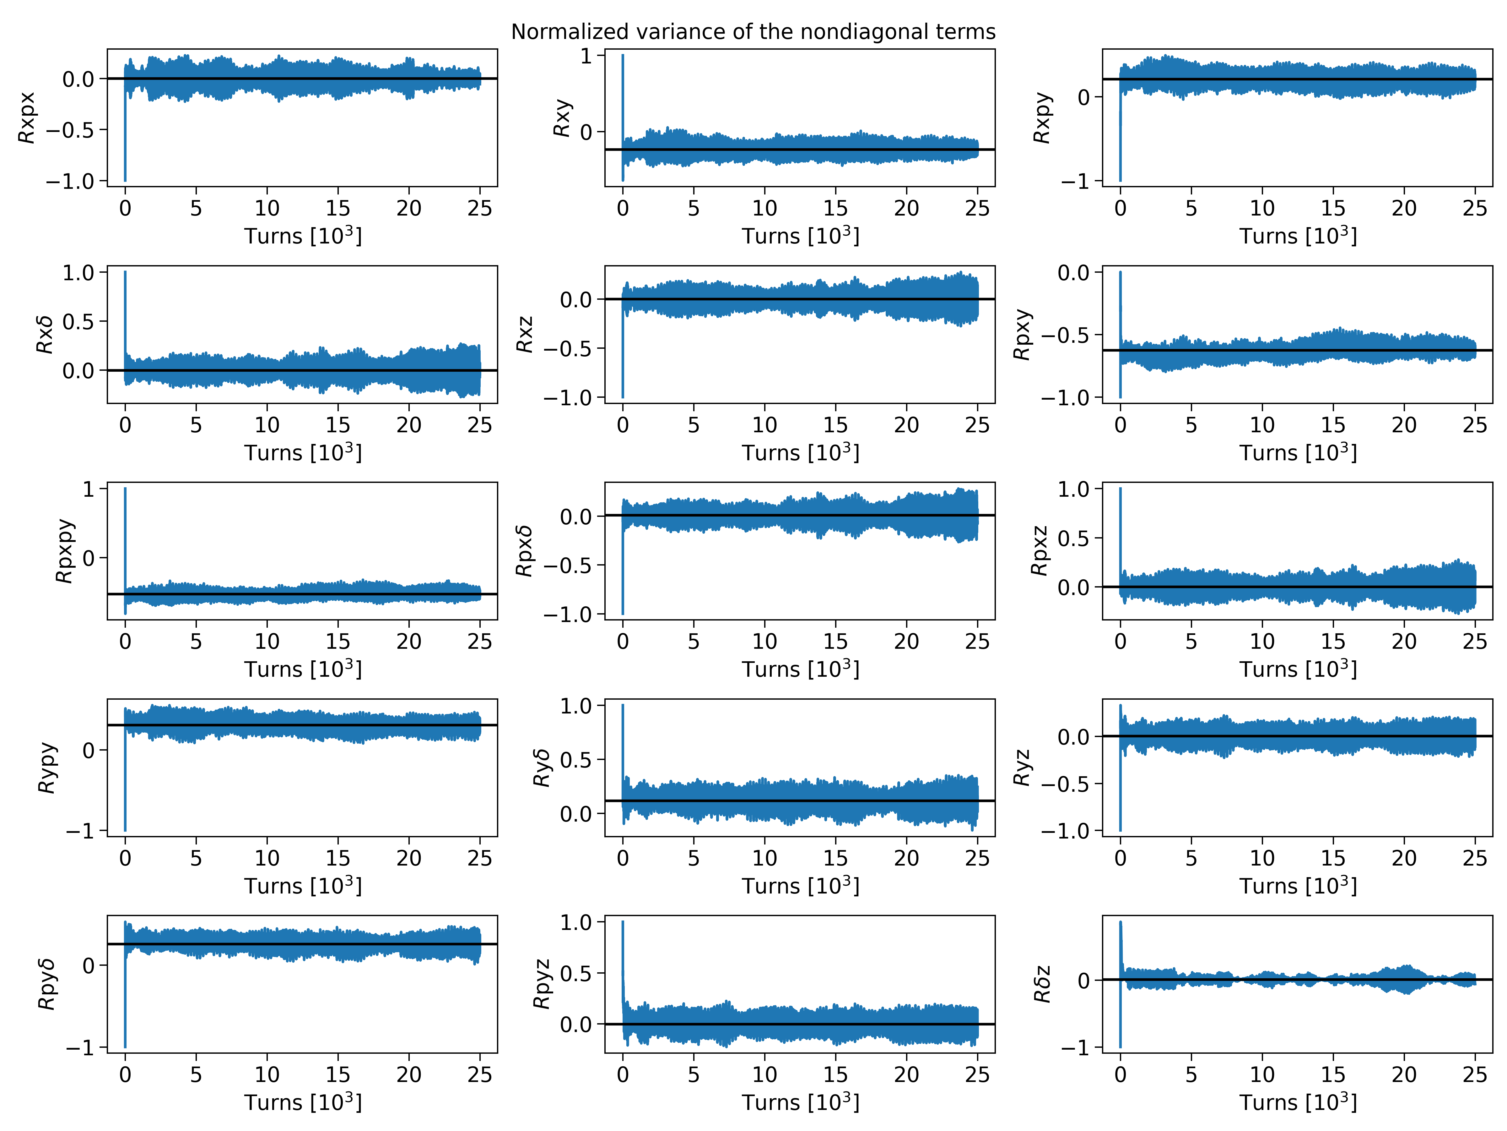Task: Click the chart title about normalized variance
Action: point(753,32)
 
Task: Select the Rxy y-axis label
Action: point(561,118)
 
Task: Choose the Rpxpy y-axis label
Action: point(64,551)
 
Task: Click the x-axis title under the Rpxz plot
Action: point(1298,669)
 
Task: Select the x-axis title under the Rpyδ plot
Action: point(303,1102)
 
